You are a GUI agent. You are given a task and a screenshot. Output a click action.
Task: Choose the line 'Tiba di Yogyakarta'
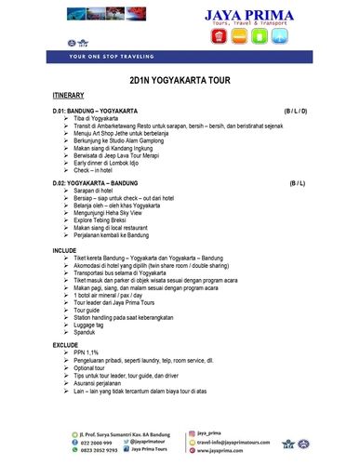tap(96, 119)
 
